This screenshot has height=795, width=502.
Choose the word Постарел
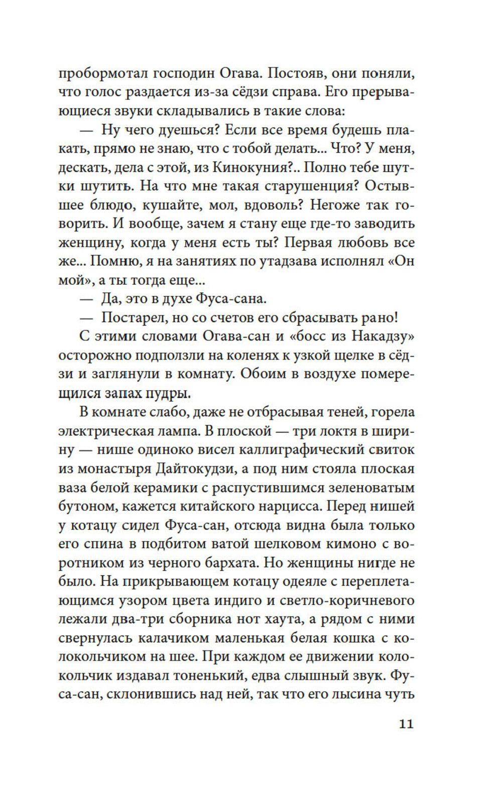[132, 317]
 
